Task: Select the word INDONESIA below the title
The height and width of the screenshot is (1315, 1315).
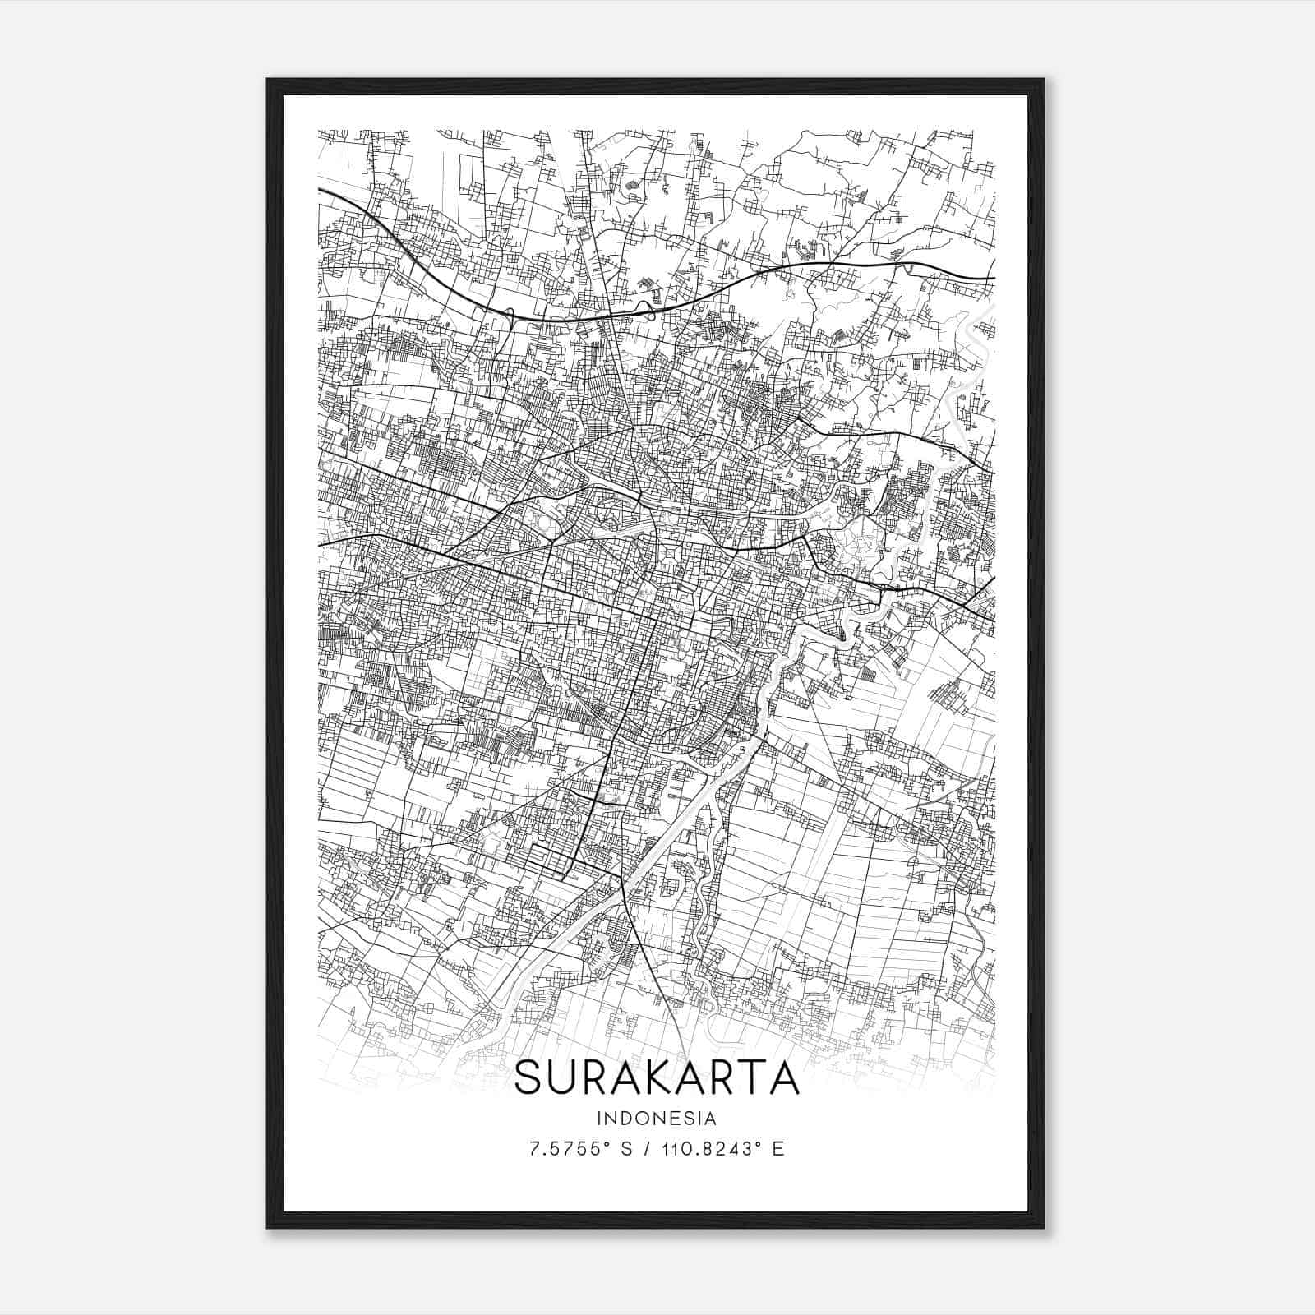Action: pos(657,1119)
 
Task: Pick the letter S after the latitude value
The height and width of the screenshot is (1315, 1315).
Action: pos(625,1149)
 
